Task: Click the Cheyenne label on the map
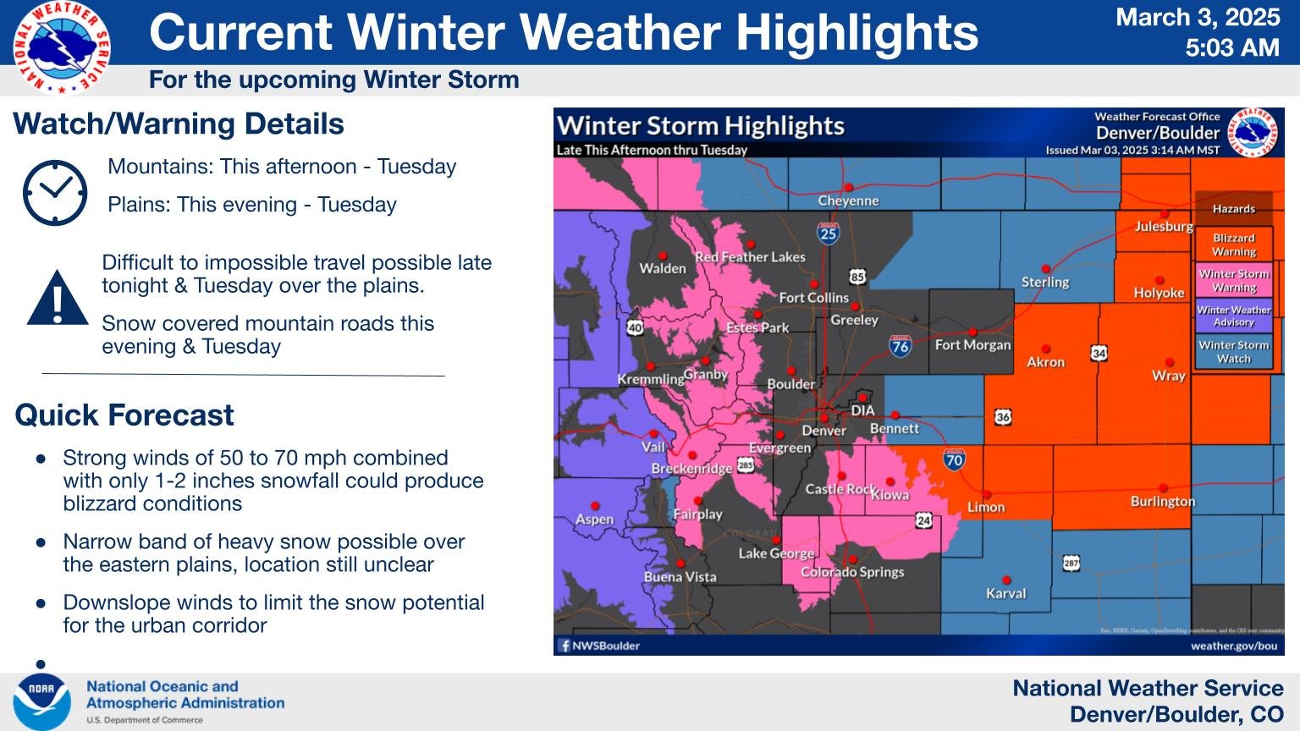pyautogui.click(x=848, y=201)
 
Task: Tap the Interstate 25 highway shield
pyautogui.click(x=828, y=233)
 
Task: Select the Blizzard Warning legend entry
pyautogui.click(x=1233, y=245)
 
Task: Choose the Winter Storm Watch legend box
pyautogui.click(x=1233, y=352)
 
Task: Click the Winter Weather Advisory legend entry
pyautogui.click(x=1233, y=316)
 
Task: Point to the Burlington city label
pyautogui.click(x=1162, y=502)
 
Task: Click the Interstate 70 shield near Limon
pyautogui.click(x=954, y=459)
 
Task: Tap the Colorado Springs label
pyautogui.click(x=851, y=572)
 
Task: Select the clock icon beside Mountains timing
pyautogui.click(x=55, y=192)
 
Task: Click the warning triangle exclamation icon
pyautogui.click(x=58, y=299)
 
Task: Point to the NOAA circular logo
pyautogui.click(x=41, y=701)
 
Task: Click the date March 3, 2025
pyautogui.click(x=1198, y=18)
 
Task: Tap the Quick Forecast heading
pyautogui.click(x=124, y=415)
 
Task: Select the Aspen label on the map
pyautogui.click(x=594, y=519)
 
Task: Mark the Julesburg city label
pyautogui.click(x=1163, y=227)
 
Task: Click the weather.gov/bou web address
pyautogui.click(x=1233, y=646)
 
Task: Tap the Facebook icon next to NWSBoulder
pyautogui.click(x=564, y=646)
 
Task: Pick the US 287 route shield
pyautogui.click(x=1071, y=563)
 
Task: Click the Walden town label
pyautogui.click(x=662, y=269)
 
